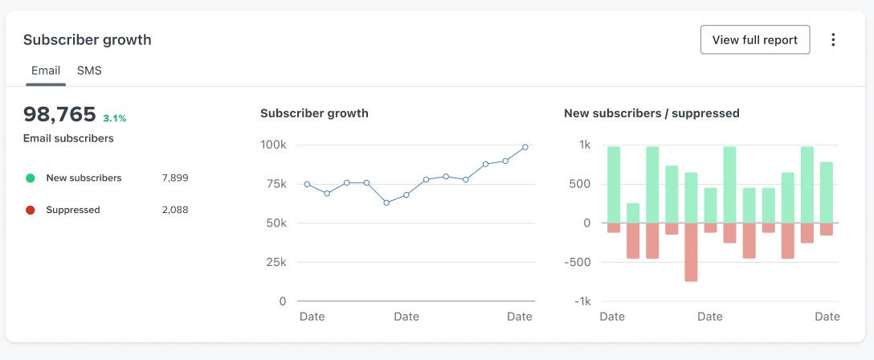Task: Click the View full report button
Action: click(x=754, y=40)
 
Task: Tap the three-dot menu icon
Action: click(x=833, y=40)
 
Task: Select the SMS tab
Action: click(x=89, y=71)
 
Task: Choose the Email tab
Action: click(x=46, y=71)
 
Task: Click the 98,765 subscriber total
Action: click(x=59, y=114)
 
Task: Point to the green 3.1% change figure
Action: click(x=115, y=118)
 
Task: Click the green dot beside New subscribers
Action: click(x=31, y=178)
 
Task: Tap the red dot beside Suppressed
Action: click(x=31, y=211)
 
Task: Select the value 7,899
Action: click(x=175, y=178)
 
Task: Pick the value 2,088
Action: click(x=175, y=211)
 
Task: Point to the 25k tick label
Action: click(x=276, y=262)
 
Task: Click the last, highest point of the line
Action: click(x=525, y=147)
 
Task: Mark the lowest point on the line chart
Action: click(x=386, y=202)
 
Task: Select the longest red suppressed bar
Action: click(x=691, y=252)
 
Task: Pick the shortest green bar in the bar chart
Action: click(x=633, y=213)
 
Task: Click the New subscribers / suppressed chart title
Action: click(x=651, y=113)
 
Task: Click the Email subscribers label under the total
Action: click(x=68, y=138)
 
